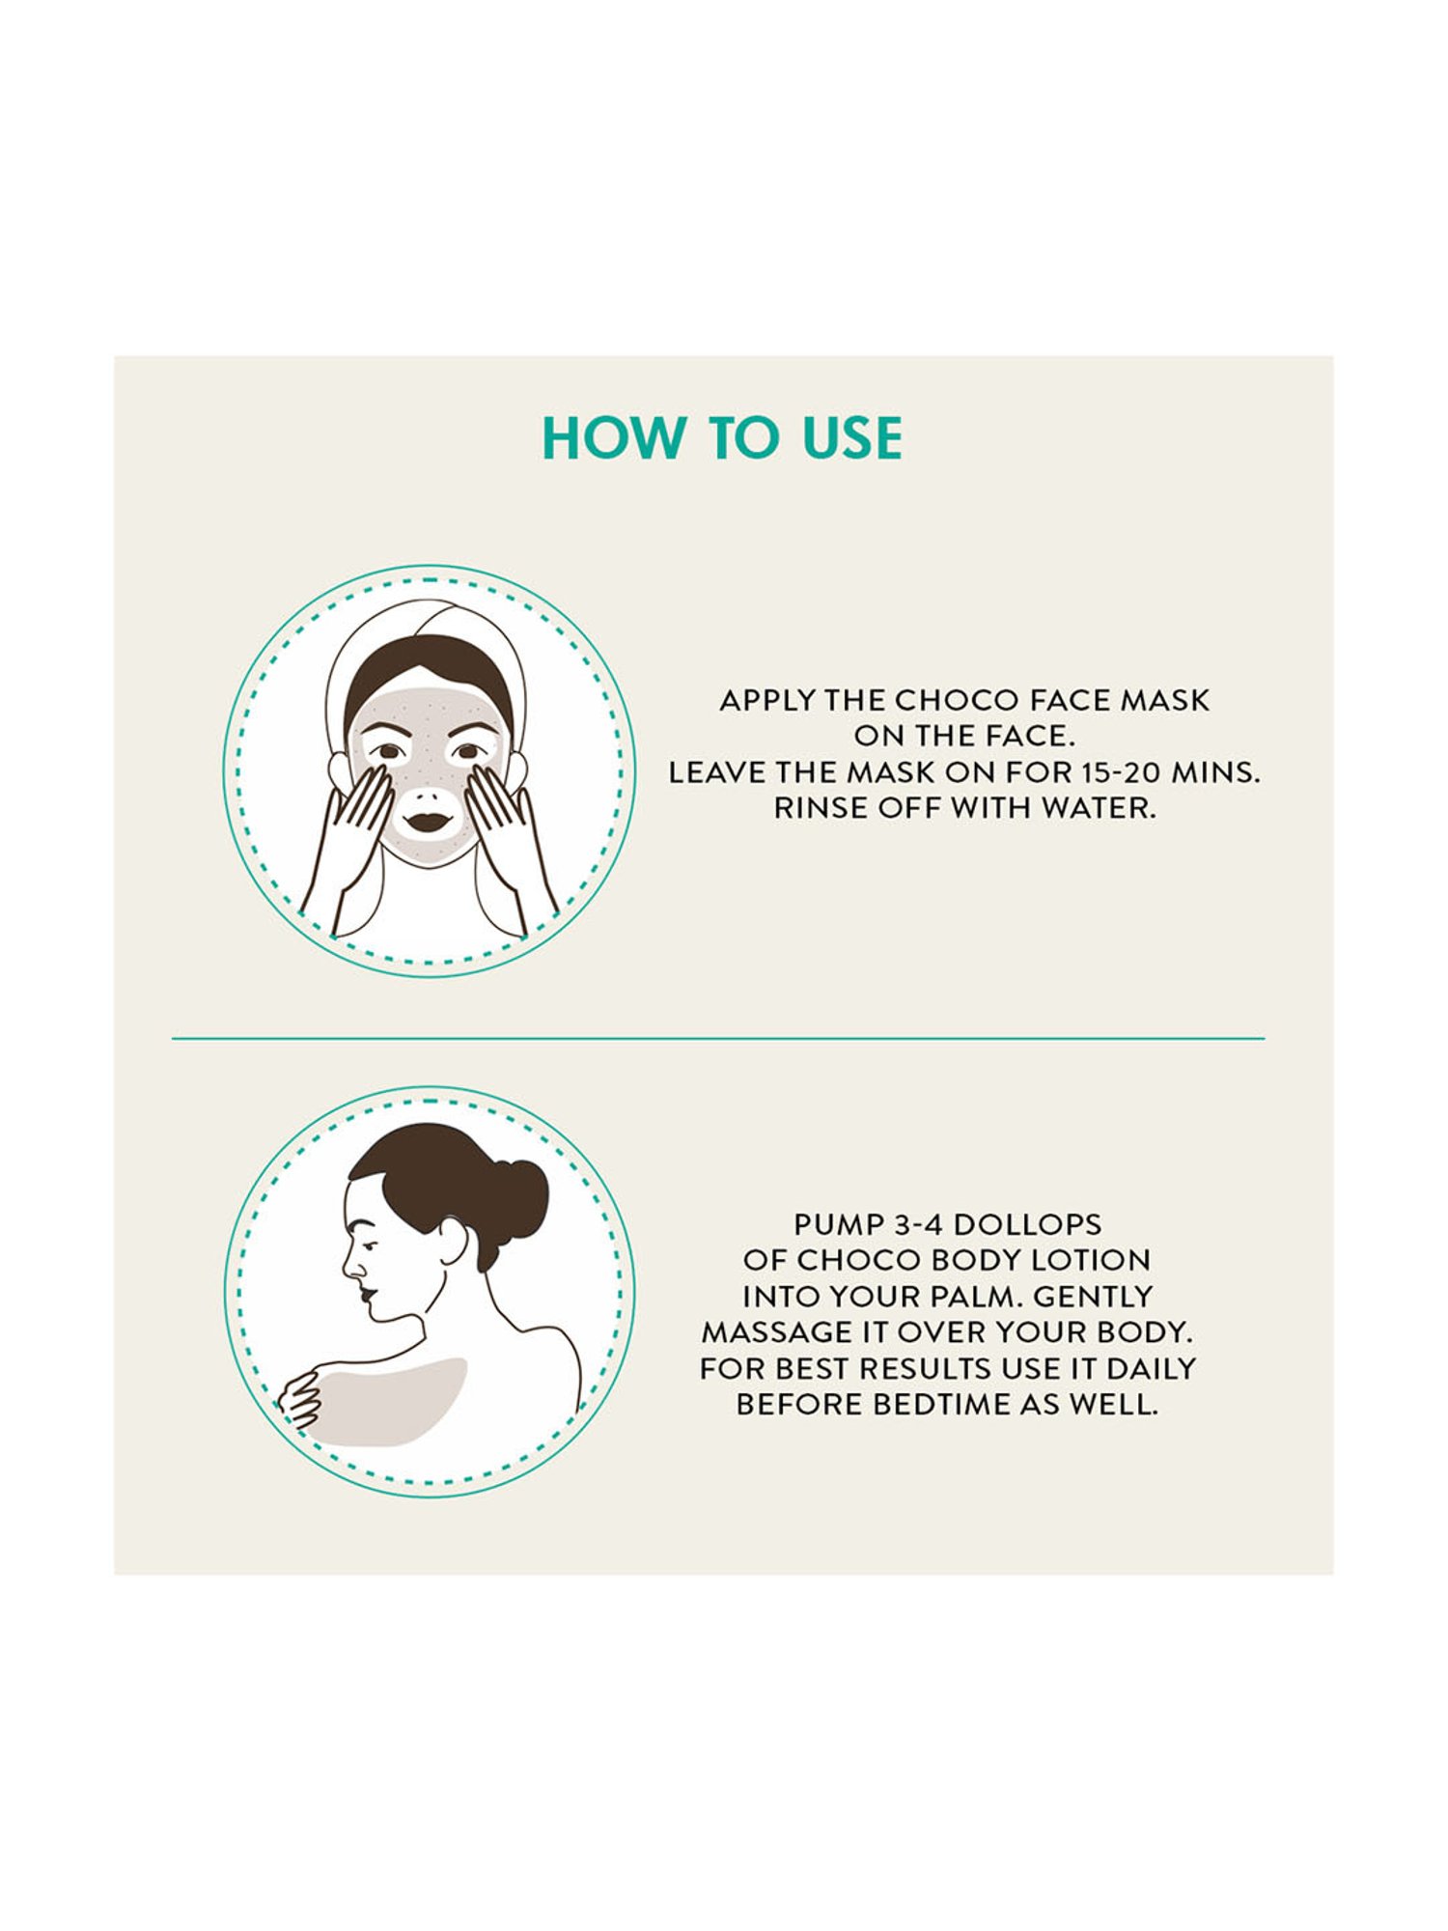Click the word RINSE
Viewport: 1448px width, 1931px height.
click(x=821, y=808)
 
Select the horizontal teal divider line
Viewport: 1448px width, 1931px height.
click(x=718, y=1039)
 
